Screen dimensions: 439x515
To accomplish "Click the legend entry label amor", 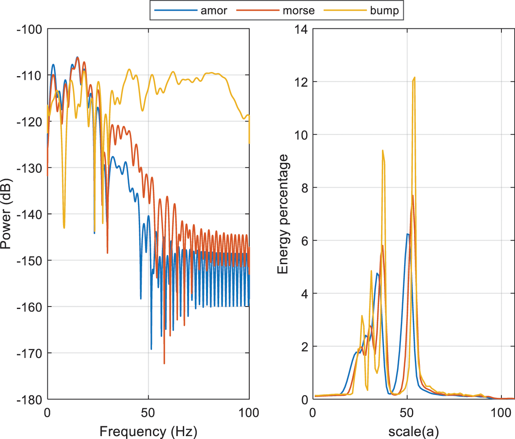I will tap(213, 11).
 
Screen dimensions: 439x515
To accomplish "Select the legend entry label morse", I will tap(298, 11).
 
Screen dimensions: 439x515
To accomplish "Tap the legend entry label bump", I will tap(384, 11).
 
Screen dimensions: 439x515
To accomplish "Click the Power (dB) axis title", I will tap(6, 214).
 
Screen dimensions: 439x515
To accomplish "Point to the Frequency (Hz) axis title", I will tap(148, 431).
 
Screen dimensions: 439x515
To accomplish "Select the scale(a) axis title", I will tap(413, 431).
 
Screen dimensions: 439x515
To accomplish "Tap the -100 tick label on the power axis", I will tap(29, 29).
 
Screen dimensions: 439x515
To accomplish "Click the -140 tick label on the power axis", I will tap(29, 214).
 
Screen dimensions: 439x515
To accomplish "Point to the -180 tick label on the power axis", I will tap(29, 400).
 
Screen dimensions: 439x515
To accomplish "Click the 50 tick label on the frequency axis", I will tap(148, 413).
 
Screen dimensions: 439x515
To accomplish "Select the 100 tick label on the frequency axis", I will tap(249, 413).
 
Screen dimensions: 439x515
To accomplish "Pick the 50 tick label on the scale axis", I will tap(407, 413).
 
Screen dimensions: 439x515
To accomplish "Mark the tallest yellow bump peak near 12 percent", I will tap(414, 77).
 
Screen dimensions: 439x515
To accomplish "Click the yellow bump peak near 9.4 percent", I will tap(383, 151).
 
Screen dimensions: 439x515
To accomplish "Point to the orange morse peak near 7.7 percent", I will tap(413, 195).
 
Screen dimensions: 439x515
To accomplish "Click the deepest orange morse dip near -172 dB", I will tap(164, 363).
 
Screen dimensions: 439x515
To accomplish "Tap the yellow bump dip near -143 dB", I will tap(64, 228).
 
